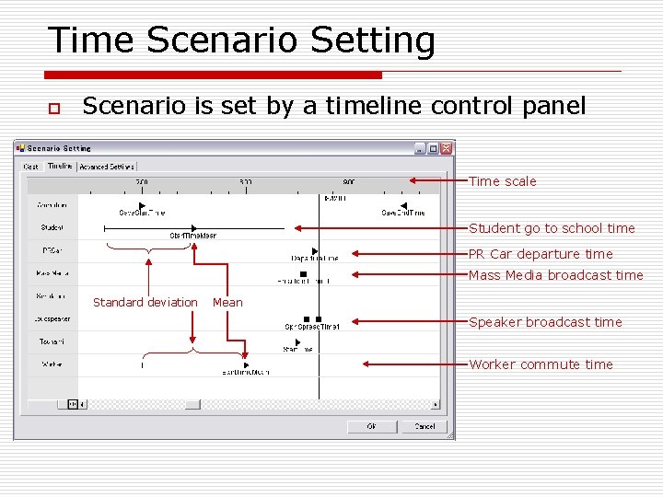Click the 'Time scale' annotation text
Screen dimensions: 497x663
point(502,181)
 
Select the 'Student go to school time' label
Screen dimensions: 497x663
point(552,228)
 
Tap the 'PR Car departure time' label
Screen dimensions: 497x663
point(541,254)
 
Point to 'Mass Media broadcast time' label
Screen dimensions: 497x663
point(555,275)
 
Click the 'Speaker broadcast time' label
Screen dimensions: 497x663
point(545,322)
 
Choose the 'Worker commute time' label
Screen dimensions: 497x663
point(541,364)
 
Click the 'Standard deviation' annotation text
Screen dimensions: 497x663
point(145,302)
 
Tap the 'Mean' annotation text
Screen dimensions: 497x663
point(227,302)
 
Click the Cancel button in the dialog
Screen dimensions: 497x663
point(424,426)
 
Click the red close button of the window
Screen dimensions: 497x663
point(447,148)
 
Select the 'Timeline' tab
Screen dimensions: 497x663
point(60,167)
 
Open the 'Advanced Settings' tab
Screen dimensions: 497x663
point(107,167)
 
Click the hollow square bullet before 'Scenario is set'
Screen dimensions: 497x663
point(53,109)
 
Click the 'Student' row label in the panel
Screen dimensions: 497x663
point(52,227)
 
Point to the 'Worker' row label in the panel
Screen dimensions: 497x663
point(52,364)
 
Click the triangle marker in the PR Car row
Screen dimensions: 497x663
point(315,250)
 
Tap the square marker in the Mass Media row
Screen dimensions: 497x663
point(303,273)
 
